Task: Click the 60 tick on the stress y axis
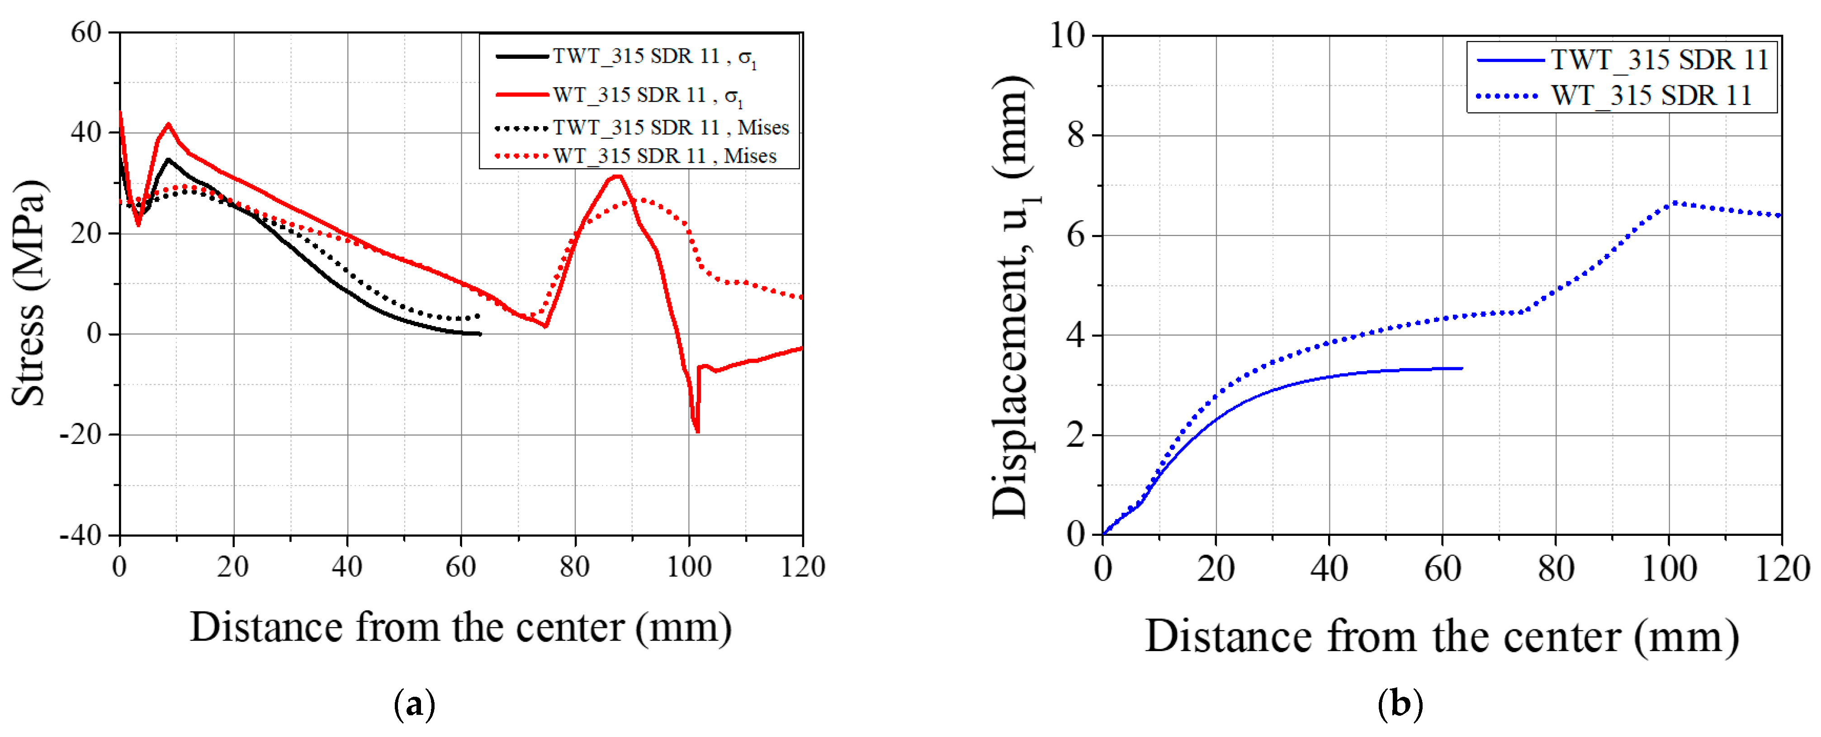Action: [x=86, y=33]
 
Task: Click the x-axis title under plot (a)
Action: [x=460, y=627]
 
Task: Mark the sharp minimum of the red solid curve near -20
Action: [x=697, y=431]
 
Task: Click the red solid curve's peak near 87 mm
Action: [x=618, y=176]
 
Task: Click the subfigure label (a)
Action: [x=414, y=704]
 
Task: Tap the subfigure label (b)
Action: [x=1400, y=704]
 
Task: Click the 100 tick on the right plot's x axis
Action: [x=1668, y=568]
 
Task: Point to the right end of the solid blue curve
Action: [x=1461, y=368]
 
